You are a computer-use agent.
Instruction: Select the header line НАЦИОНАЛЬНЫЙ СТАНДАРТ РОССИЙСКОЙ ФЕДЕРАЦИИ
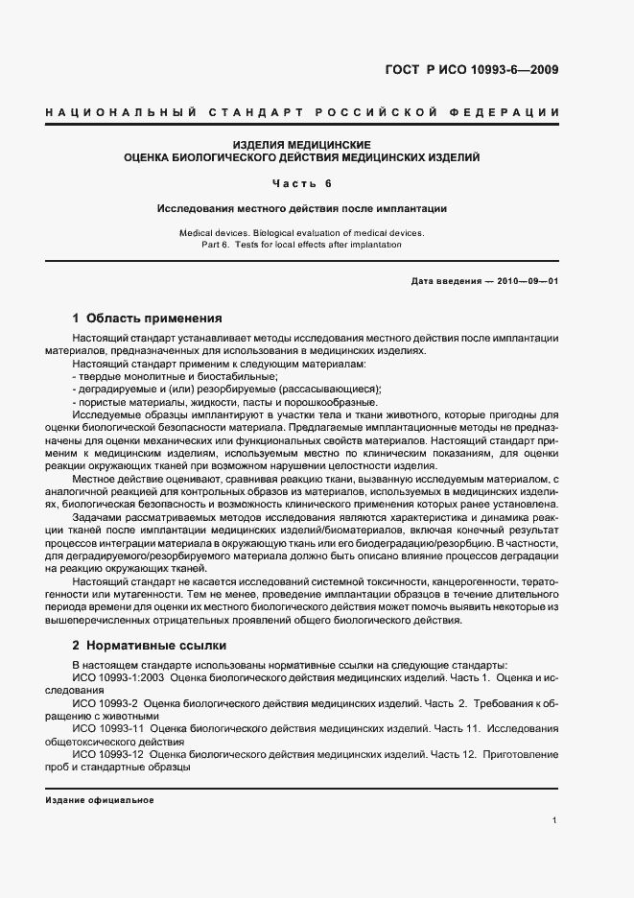coord(302,113)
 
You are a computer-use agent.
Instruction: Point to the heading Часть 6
coord(302,182)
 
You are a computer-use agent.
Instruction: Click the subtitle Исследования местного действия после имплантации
coord(302,207)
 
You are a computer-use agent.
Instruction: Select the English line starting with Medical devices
coord(302,233)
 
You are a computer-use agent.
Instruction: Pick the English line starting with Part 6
coord(302,245)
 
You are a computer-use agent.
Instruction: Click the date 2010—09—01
coord(528,280)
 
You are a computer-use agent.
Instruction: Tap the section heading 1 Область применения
coord(148,318)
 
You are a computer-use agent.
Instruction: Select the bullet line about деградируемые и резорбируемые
coord(226,389)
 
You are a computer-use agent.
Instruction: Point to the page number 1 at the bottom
coord(555,820)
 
